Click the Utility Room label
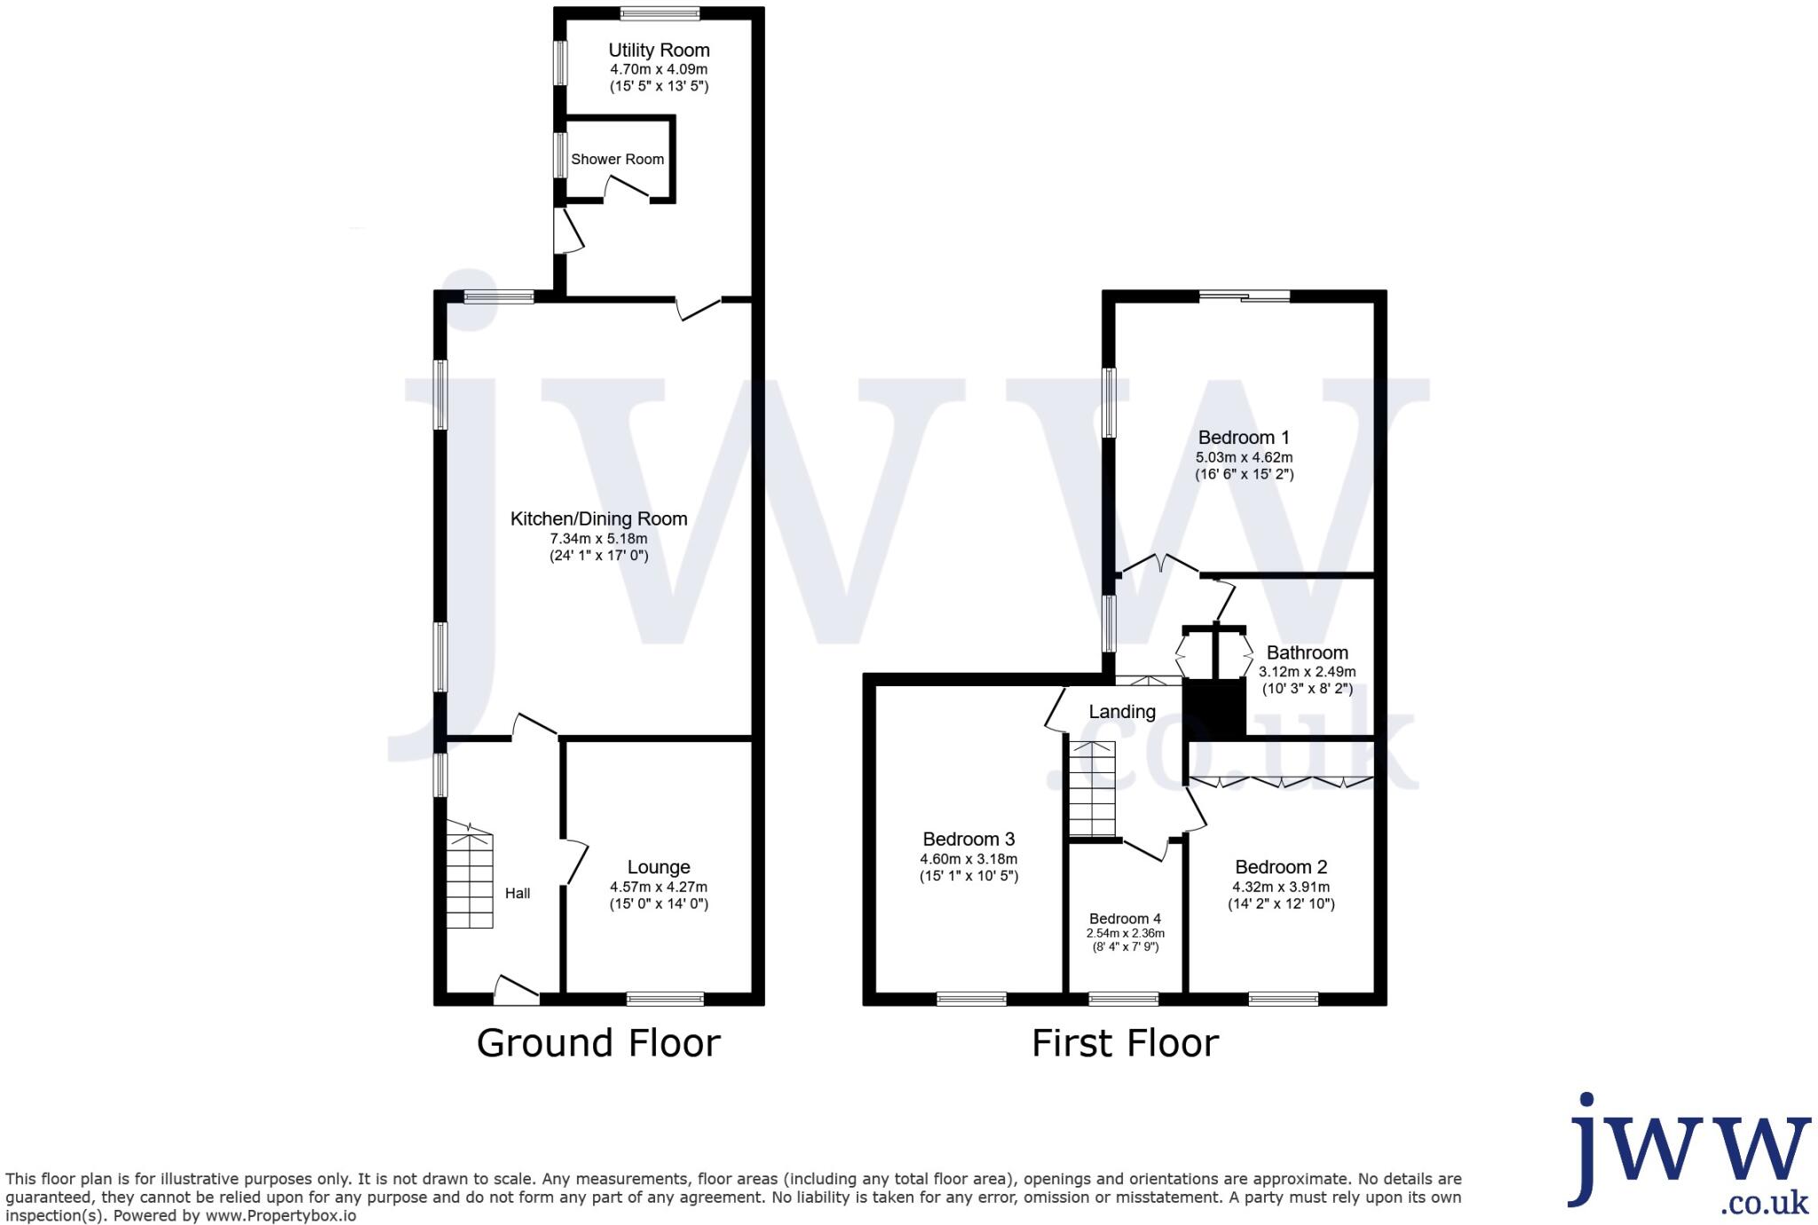659,51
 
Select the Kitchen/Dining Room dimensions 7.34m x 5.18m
598,539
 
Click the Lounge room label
659,867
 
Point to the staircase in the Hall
470,879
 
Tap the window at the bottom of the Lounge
665,999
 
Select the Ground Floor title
598,1043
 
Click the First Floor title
1125,1043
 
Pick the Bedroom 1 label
1244,438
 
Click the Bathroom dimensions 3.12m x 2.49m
1307,672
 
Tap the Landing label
1122,712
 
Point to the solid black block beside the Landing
1215,708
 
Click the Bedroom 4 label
1125,919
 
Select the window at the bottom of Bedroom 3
971,999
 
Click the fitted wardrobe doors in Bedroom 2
1281,782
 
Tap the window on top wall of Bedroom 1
1245,296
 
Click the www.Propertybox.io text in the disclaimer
281,1216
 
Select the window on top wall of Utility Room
660,13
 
